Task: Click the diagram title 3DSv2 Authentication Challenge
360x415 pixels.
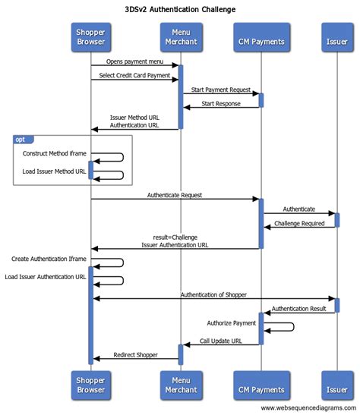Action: click(179, 9)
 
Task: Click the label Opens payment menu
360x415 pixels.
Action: click(134, 60)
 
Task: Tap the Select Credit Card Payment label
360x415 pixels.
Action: click(134, 74)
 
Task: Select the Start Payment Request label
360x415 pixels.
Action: click(220, 90)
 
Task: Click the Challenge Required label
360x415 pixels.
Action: click(298, 223)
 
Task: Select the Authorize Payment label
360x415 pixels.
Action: click(231, 322)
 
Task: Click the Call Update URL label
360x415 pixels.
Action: click(221, 341)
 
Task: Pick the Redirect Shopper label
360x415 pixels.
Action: click(134, 354)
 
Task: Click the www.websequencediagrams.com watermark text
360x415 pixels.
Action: click(308, 408)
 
